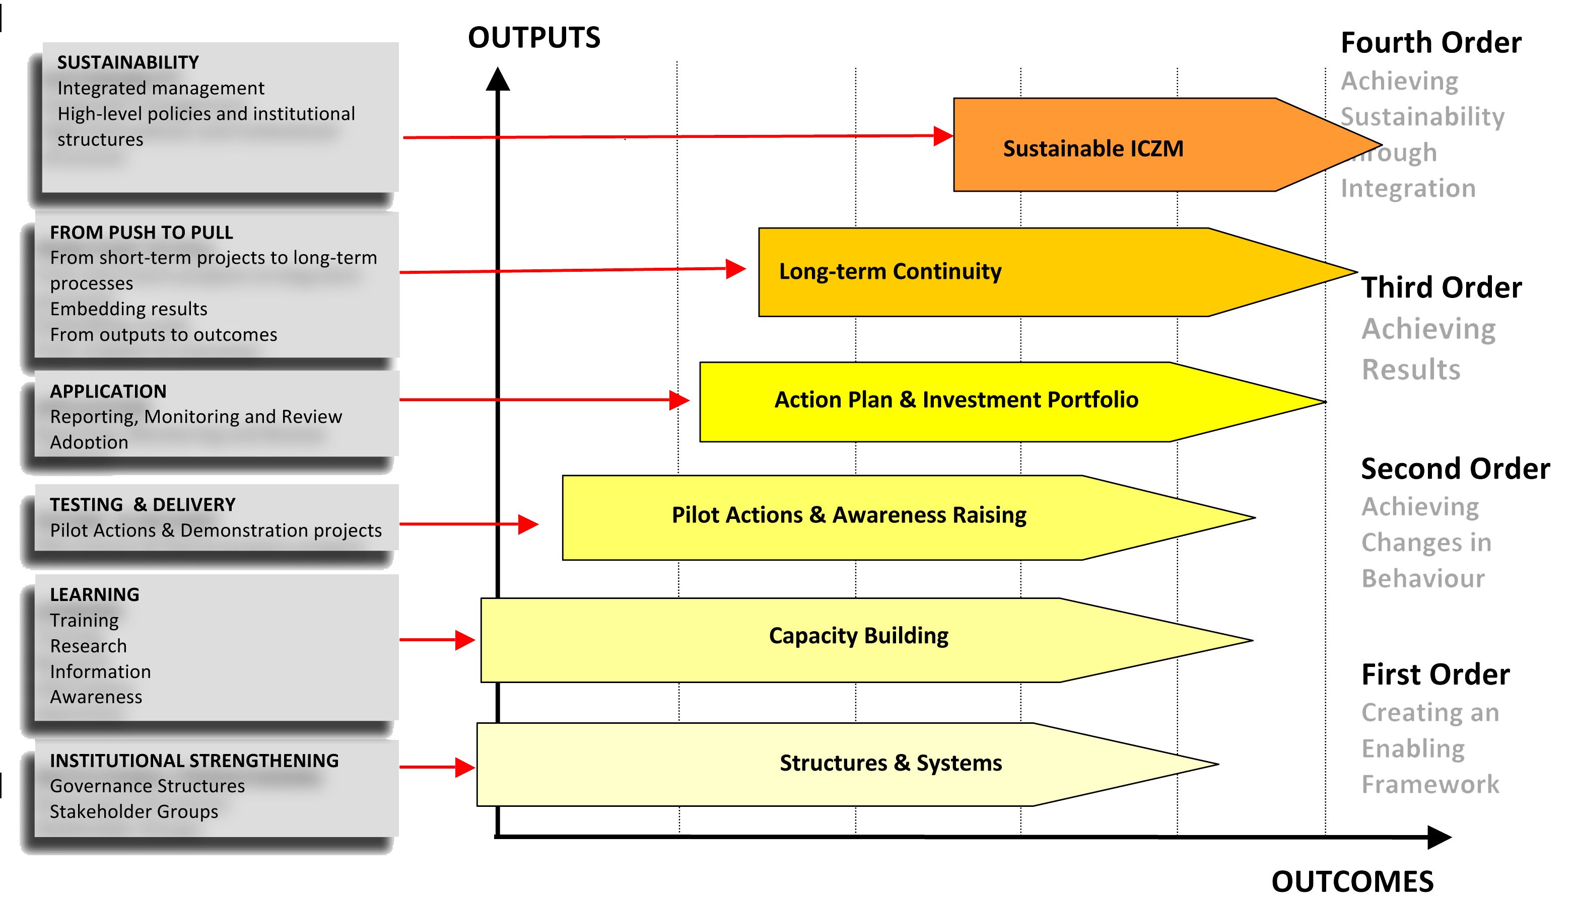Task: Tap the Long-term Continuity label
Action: [889, 271]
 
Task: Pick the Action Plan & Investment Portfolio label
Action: [956, 400]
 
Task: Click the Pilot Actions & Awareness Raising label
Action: [849, 515]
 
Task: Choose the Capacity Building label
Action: [858, 636]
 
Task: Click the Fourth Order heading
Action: [1430, 43]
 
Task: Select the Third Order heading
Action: [1441, 287]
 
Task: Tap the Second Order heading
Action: [1455, 469]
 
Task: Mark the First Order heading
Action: [1435, 675]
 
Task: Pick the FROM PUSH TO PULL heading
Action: [141, 232]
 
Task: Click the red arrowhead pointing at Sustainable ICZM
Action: [943, 136]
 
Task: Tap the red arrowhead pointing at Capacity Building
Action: [465, 640]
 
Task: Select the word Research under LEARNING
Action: [88, 646]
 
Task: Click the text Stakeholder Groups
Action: [133, 811]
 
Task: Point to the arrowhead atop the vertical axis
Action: [498, 80]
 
